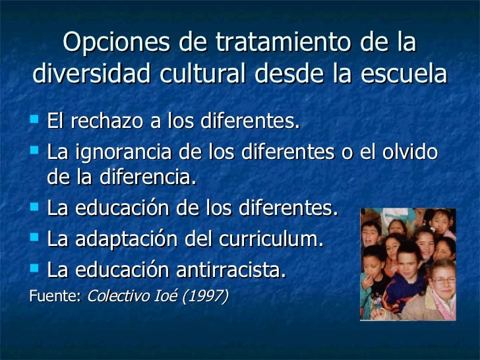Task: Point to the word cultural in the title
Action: (x=202, y=74)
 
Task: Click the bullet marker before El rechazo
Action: (x=36, y=121)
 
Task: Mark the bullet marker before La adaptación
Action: (x=36, y=239)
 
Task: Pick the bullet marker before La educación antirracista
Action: (x=36, y=269)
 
